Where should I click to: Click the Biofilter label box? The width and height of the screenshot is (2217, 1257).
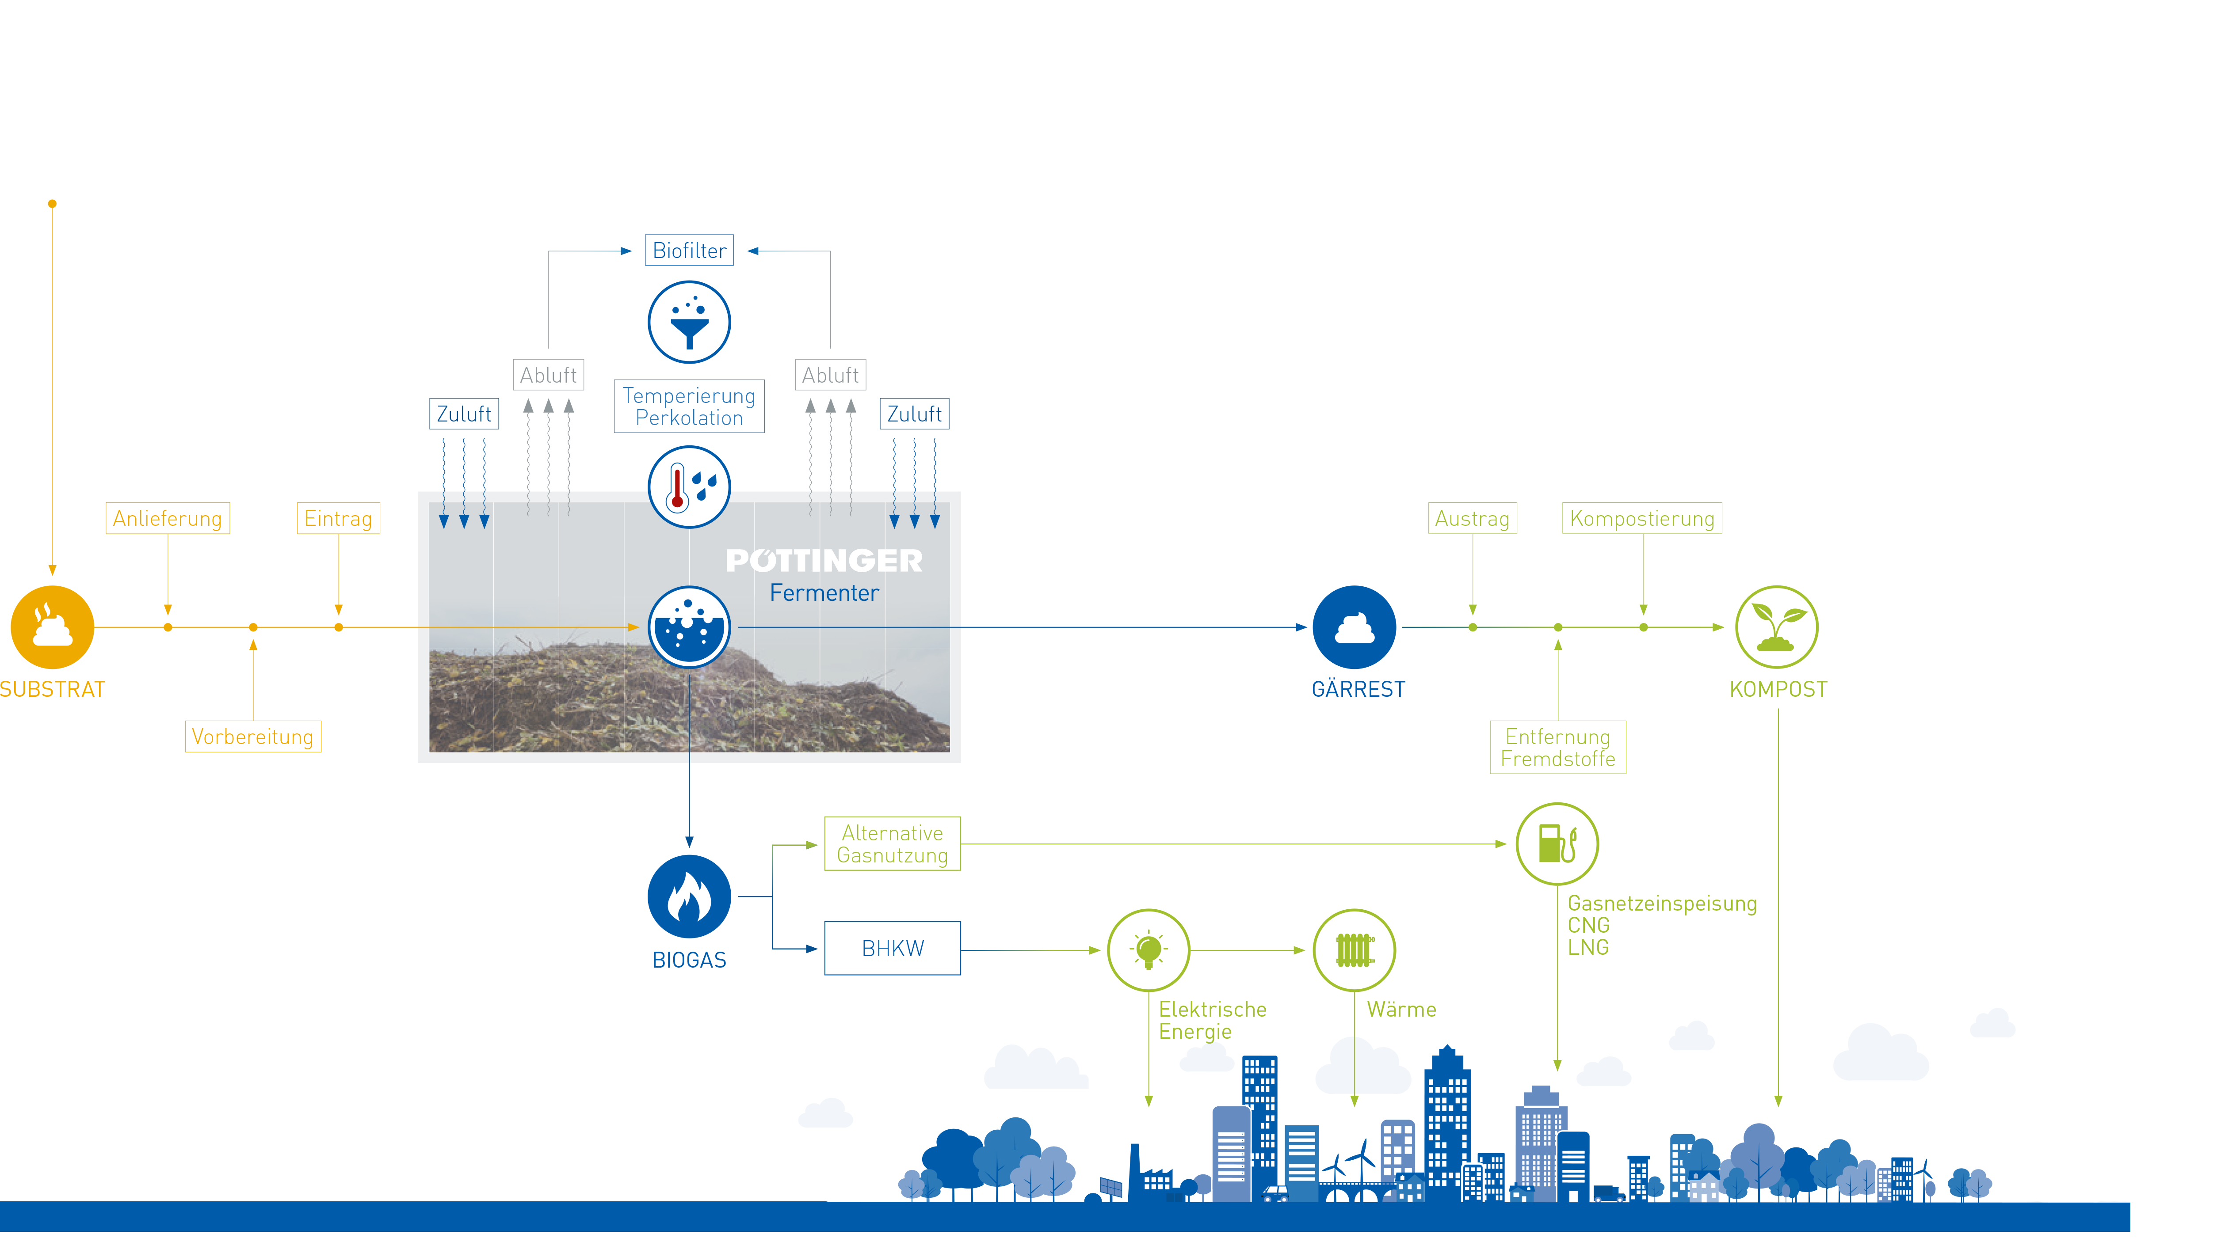689,251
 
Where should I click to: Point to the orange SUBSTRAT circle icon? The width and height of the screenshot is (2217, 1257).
52,628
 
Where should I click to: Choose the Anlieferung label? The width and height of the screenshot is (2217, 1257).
168,518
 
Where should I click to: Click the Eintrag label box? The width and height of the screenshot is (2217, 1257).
338,518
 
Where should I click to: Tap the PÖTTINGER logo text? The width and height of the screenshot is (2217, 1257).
824,561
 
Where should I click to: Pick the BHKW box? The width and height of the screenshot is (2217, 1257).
892,948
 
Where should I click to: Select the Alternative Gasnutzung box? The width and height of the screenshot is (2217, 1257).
892,843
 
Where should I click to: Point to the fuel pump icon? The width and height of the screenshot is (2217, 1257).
1557,843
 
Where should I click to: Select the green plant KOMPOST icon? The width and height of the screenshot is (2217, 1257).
1777,628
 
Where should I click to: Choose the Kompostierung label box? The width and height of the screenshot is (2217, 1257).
1642,518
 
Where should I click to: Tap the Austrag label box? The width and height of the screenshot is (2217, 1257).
1472,518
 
